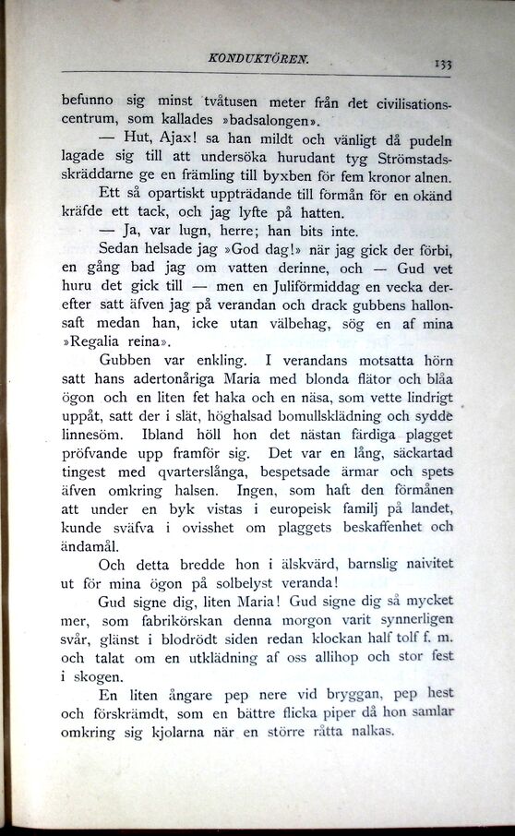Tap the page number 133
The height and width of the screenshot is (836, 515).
tap(441, 65)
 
